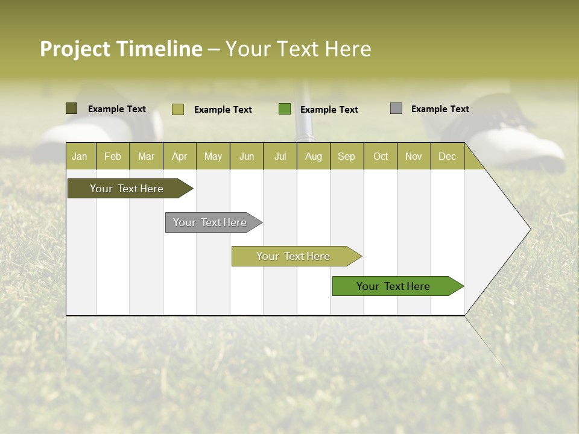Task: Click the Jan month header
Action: [x=80, y=156]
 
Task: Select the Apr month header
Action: [x=179, y=156]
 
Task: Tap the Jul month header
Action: [x=280, y=156]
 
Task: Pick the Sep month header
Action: [x=346, y=156]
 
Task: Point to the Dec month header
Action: [x=447, y=156]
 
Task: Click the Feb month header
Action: [x=113, y=156]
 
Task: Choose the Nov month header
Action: [x=413, y=156]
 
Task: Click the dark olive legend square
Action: [x=71, y=108]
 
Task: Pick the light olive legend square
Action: [x=178, y=109]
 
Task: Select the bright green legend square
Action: [x=285, y=109]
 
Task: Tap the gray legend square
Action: [x=396, y=108]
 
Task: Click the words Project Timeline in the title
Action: [x=121, y=49]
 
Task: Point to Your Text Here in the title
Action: [x=299, y=49]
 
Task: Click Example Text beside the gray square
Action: [x=440, y=109]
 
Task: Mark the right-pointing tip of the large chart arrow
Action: [x=529, y=229]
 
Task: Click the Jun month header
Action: [x=247, y=156]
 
